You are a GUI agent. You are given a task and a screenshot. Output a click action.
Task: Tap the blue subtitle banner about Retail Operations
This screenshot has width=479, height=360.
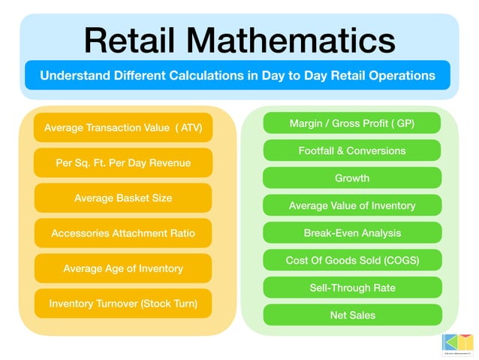(237, 76)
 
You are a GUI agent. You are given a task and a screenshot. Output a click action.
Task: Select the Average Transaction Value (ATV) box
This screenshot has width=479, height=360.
(123, 128)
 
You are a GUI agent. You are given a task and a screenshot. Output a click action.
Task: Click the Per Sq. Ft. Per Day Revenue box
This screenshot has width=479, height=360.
(123, 162)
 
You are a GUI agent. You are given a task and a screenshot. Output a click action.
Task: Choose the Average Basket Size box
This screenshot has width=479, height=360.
(123, 198)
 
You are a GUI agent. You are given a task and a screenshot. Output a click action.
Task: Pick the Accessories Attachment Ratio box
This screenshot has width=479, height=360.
(123, 233)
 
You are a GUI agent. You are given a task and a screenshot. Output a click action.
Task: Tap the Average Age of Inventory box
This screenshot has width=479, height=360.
(123, 268)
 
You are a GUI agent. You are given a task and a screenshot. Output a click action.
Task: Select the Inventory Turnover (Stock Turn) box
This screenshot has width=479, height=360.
(123, 304)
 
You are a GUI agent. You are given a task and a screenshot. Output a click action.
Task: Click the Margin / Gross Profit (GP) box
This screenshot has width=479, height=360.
(352, 123)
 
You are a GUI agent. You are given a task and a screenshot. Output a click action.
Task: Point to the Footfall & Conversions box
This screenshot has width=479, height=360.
(352, 150)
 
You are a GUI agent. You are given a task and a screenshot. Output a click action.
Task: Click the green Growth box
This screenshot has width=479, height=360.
(352, 178)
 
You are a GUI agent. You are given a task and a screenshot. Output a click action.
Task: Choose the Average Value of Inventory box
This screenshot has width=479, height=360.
(352, 205)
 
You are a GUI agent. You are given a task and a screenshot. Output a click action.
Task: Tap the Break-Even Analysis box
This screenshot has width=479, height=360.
(352, 233)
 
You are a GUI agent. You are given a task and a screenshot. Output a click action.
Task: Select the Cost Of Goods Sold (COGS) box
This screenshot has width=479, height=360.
(352, 260)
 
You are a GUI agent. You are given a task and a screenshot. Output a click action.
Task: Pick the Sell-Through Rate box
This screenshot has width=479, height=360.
(352, 288)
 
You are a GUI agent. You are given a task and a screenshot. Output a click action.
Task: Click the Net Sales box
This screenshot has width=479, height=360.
(352, 315)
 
